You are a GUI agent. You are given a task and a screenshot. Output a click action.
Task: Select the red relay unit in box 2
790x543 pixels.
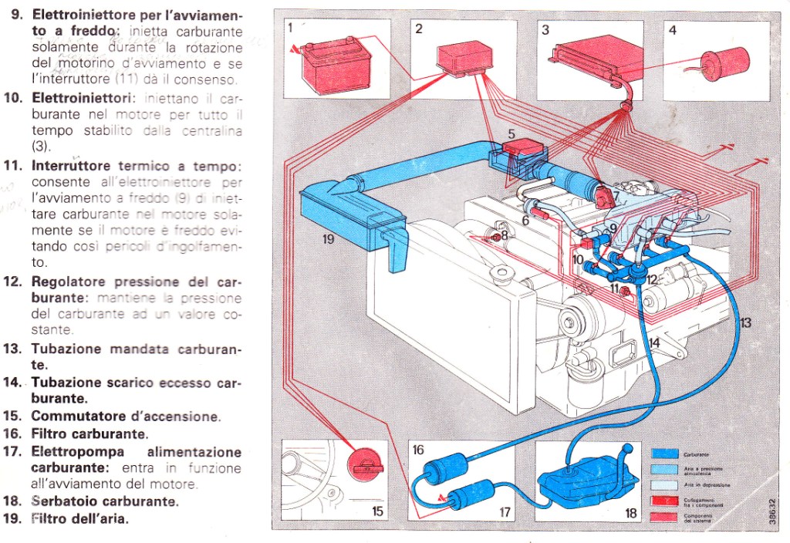tap(464, 59)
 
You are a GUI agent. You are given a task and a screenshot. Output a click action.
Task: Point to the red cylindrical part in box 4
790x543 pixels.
tap(724, 62)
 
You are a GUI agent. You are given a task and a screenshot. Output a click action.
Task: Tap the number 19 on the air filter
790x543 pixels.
tap(329, 240)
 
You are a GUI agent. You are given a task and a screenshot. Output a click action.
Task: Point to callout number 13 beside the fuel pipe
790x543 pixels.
tap(744, 323)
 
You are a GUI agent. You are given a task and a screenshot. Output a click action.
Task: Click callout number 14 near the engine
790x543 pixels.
tap(653, 342)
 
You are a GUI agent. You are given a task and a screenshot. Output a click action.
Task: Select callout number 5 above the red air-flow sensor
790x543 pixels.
tap(511, 134)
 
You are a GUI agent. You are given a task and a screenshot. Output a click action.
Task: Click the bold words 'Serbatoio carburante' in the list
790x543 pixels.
tap(104, 501)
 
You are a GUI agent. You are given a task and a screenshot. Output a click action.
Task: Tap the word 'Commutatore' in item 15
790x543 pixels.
tap(76, 417)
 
